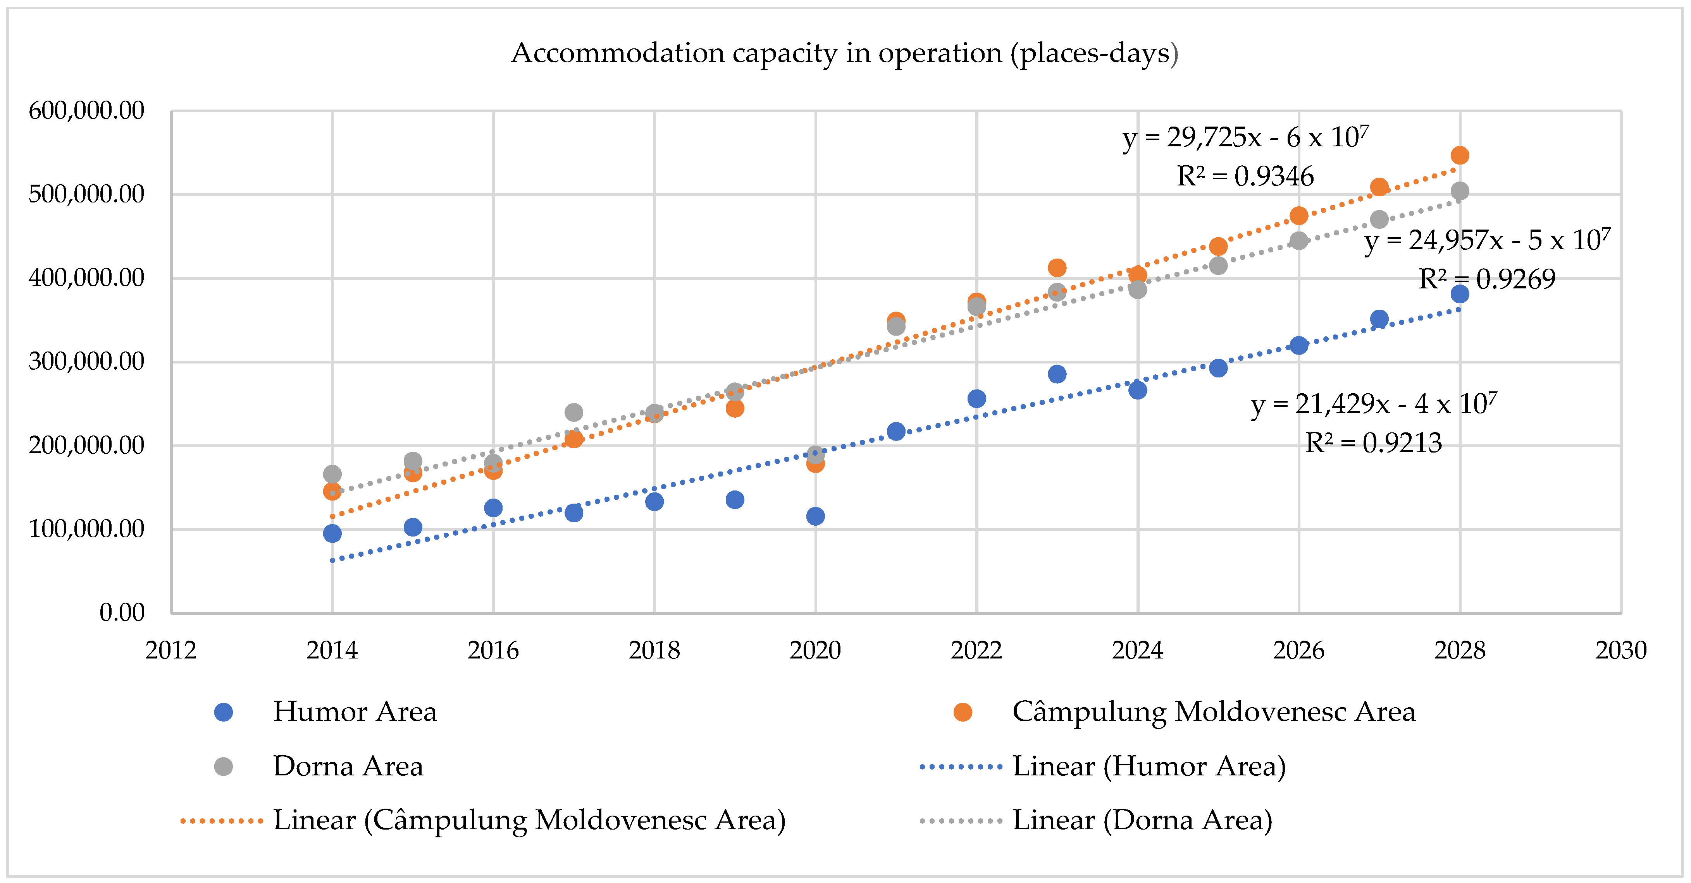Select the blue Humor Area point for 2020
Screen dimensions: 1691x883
pos(815,516)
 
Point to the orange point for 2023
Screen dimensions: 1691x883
pos(1057,267)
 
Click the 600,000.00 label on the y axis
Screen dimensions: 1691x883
pos(86,110)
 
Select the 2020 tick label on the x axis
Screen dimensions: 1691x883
pos(815,650)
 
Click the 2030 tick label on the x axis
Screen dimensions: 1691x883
pos(1621,650)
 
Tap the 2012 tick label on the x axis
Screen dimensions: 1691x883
pos(170,650)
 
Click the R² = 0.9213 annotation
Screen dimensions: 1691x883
pos(1373,443)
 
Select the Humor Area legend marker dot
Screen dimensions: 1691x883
pos(224,712)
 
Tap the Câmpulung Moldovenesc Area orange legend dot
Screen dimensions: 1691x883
pos(963,712)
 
